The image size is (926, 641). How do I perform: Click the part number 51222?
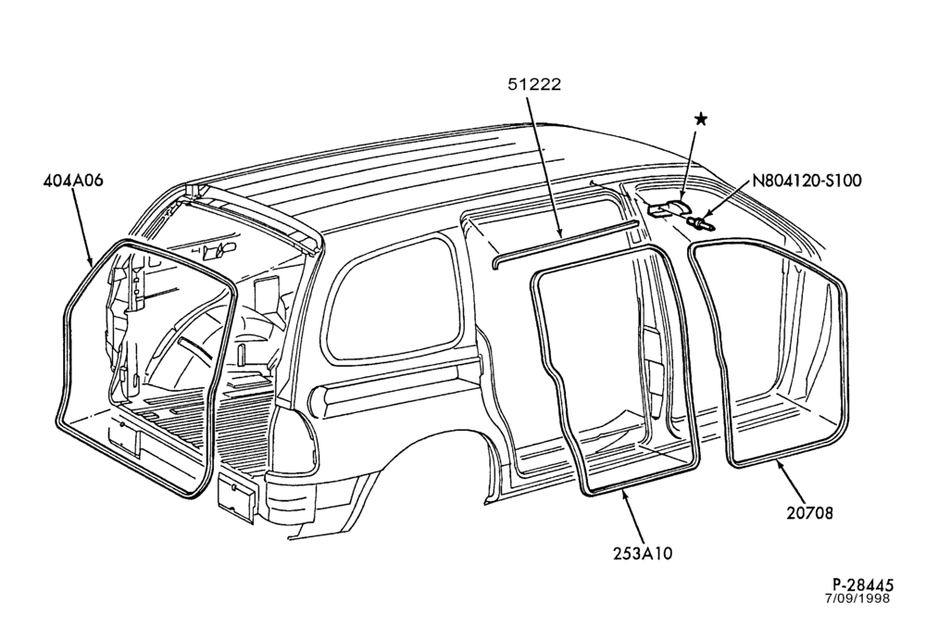pyautogui.click(x=534, y=84)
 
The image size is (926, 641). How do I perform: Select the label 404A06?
pyautogui.click(x=73, y=181)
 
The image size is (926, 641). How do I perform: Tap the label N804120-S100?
pyautogui.click(x=807, y=181)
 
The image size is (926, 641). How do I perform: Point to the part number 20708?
pyautogui.click(x=809, y=513)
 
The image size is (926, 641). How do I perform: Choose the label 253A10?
pyautogui.click(x=644, y=554)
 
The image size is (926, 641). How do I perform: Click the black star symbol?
pyautogui.click(x=701, y=119)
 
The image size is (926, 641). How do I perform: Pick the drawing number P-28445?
pyautogui.click(x=859, y=585)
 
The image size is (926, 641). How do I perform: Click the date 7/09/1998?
pyautogui.click(x=857, y=598)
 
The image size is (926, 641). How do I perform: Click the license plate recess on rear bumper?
pyautogui.click(x=237, y=498)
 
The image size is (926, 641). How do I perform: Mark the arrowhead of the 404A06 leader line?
pyautogui.click(x=92, y=263)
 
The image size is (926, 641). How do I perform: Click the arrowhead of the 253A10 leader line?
pyautogui.click(x=623, y=494)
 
